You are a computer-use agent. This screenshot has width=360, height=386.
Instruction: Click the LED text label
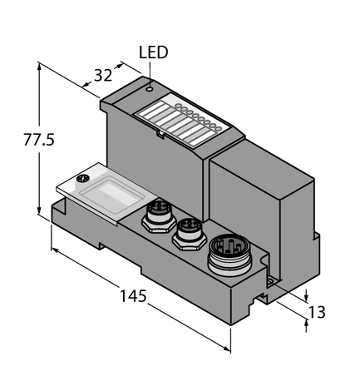pos(154,52)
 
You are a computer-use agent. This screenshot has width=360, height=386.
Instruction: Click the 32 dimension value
pos(103,75)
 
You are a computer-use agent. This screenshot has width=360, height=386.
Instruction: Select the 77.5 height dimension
pos(17,140)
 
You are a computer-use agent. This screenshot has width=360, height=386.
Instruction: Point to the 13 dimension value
pos(317,312)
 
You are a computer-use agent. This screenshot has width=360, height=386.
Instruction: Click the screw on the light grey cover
pos(82,178)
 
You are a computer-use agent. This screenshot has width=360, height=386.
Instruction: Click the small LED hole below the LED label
pos(149,85)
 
